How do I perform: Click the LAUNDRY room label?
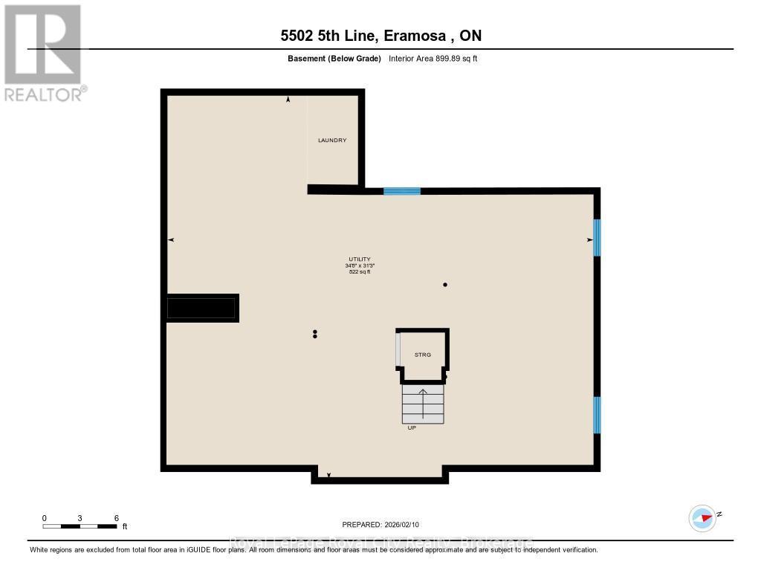coord(332,140)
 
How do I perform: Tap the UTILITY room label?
coord(360,259)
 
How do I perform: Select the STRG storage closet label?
coord(423,355)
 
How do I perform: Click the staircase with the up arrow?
coord(423,403)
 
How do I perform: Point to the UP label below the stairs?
coord(411,428)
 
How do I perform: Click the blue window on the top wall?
coord(402,191)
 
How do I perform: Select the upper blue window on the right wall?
coord(596,237)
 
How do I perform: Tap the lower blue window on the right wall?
coord(596,415)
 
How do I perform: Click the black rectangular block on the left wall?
coord(202,308)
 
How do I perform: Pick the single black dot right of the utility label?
coord(445,285)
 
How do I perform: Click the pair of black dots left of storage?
coord(315,334)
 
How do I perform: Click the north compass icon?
coord(702,518)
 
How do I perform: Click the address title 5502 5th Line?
coord(380,36)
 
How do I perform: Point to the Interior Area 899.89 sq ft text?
coord(433,58)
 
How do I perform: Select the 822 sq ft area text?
coord(360,272)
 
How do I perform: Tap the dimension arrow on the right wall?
coord(590,239)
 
